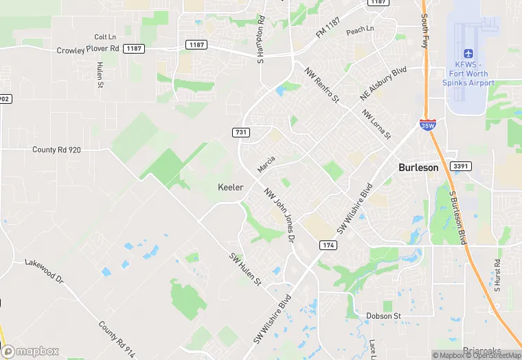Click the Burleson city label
click(418, 168)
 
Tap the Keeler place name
click(230, 188)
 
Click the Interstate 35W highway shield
click(427, 125)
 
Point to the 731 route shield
click(240, 131)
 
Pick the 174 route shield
click(327, 245)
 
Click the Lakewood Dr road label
click(43, 271)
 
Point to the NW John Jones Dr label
click(279, 215)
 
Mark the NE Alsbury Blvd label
click(383, 84)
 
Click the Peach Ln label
click(360, 30)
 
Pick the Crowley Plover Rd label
click(88, 49)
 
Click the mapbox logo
click(30, 351)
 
